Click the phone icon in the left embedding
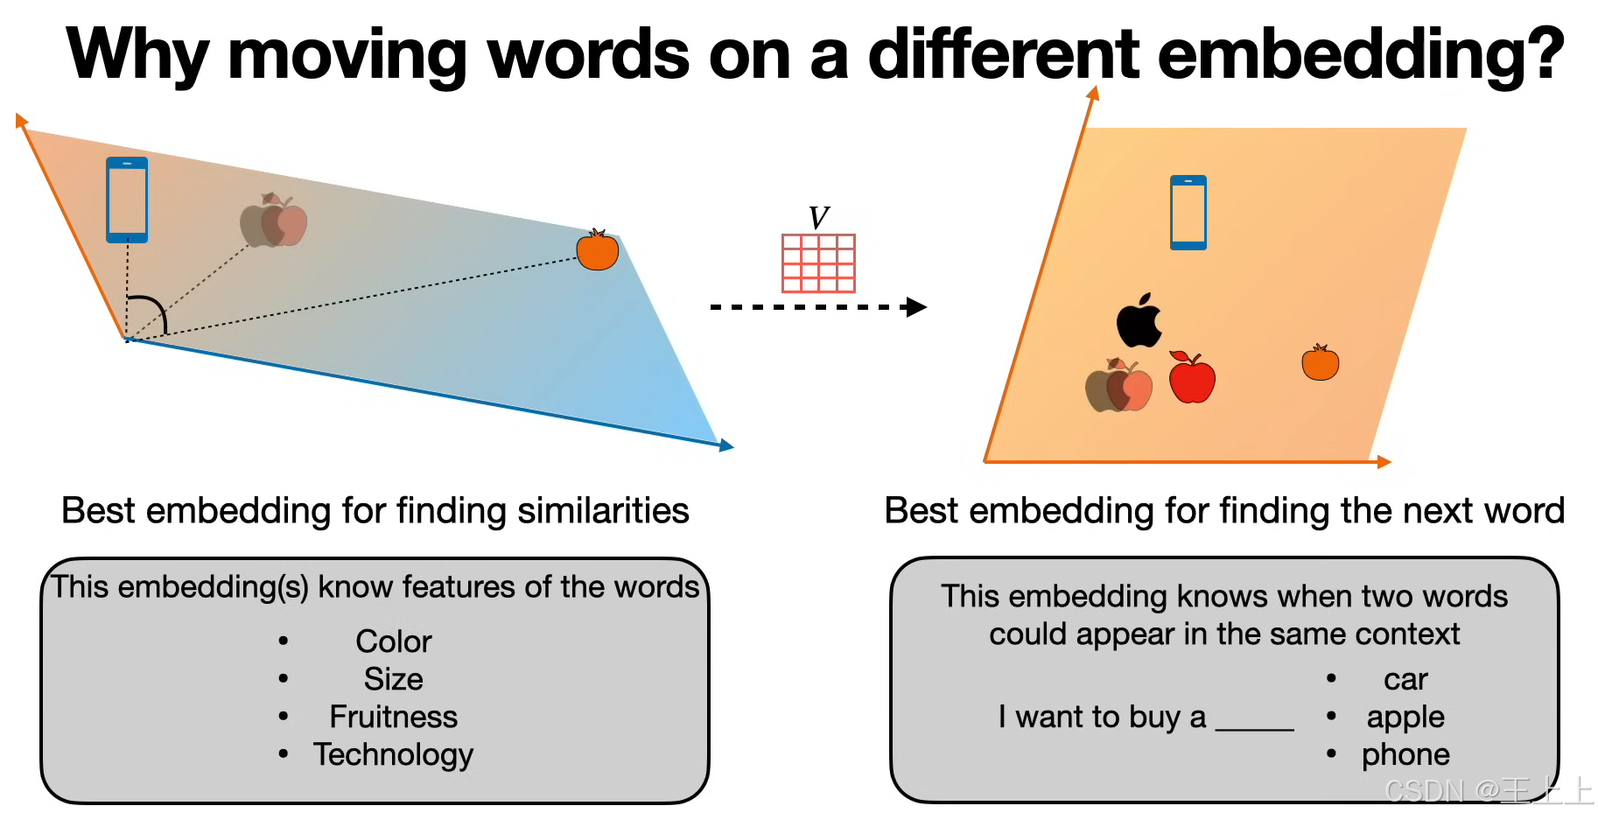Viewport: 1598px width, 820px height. [x=127, y=200]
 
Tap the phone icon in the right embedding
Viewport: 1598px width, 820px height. [x=1188, y=213]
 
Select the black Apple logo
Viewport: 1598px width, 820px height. [x=1139, y=321]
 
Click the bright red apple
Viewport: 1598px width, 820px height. [x=1192, y=379]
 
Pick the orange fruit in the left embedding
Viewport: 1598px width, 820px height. [x=598, y=250]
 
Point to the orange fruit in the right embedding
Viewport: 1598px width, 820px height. [x=1320, y=363]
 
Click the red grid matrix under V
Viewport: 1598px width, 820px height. [x=818, y=263]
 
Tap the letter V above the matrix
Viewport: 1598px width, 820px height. [x=818, y=218]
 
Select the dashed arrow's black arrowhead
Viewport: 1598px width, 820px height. [x=916, y=307]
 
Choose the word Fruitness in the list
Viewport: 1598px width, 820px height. [x=393, y=717]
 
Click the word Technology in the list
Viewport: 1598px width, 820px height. [x=393, y=754]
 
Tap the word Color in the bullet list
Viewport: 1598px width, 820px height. [x=394, y=641]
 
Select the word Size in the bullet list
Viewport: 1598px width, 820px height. [x=394, y=679]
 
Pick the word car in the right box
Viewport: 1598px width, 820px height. [x=1405, y=679]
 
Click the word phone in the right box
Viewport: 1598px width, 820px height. [x=1405, y=754]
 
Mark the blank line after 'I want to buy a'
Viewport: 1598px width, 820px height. [x=1255, y=726]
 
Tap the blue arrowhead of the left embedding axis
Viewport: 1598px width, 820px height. [x=726, y=446]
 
